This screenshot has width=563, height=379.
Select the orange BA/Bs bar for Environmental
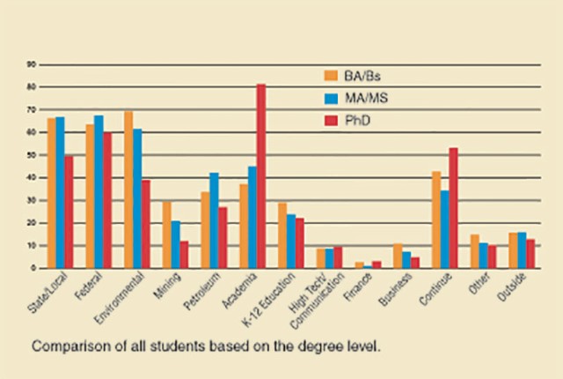coord(128,189)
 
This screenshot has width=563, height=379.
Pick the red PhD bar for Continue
coord(453,207)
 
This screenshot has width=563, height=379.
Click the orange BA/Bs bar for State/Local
coord(51,193)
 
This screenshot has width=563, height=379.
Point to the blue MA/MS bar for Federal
coord(99,191)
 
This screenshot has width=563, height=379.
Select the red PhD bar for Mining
coord(185,254)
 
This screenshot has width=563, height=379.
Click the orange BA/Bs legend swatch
coord(332,74)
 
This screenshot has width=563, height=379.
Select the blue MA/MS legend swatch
coord(332,97)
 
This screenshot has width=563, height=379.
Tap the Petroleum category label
coord(201,290)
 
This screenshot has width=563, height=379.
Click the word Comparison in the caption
coord(68,346)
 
